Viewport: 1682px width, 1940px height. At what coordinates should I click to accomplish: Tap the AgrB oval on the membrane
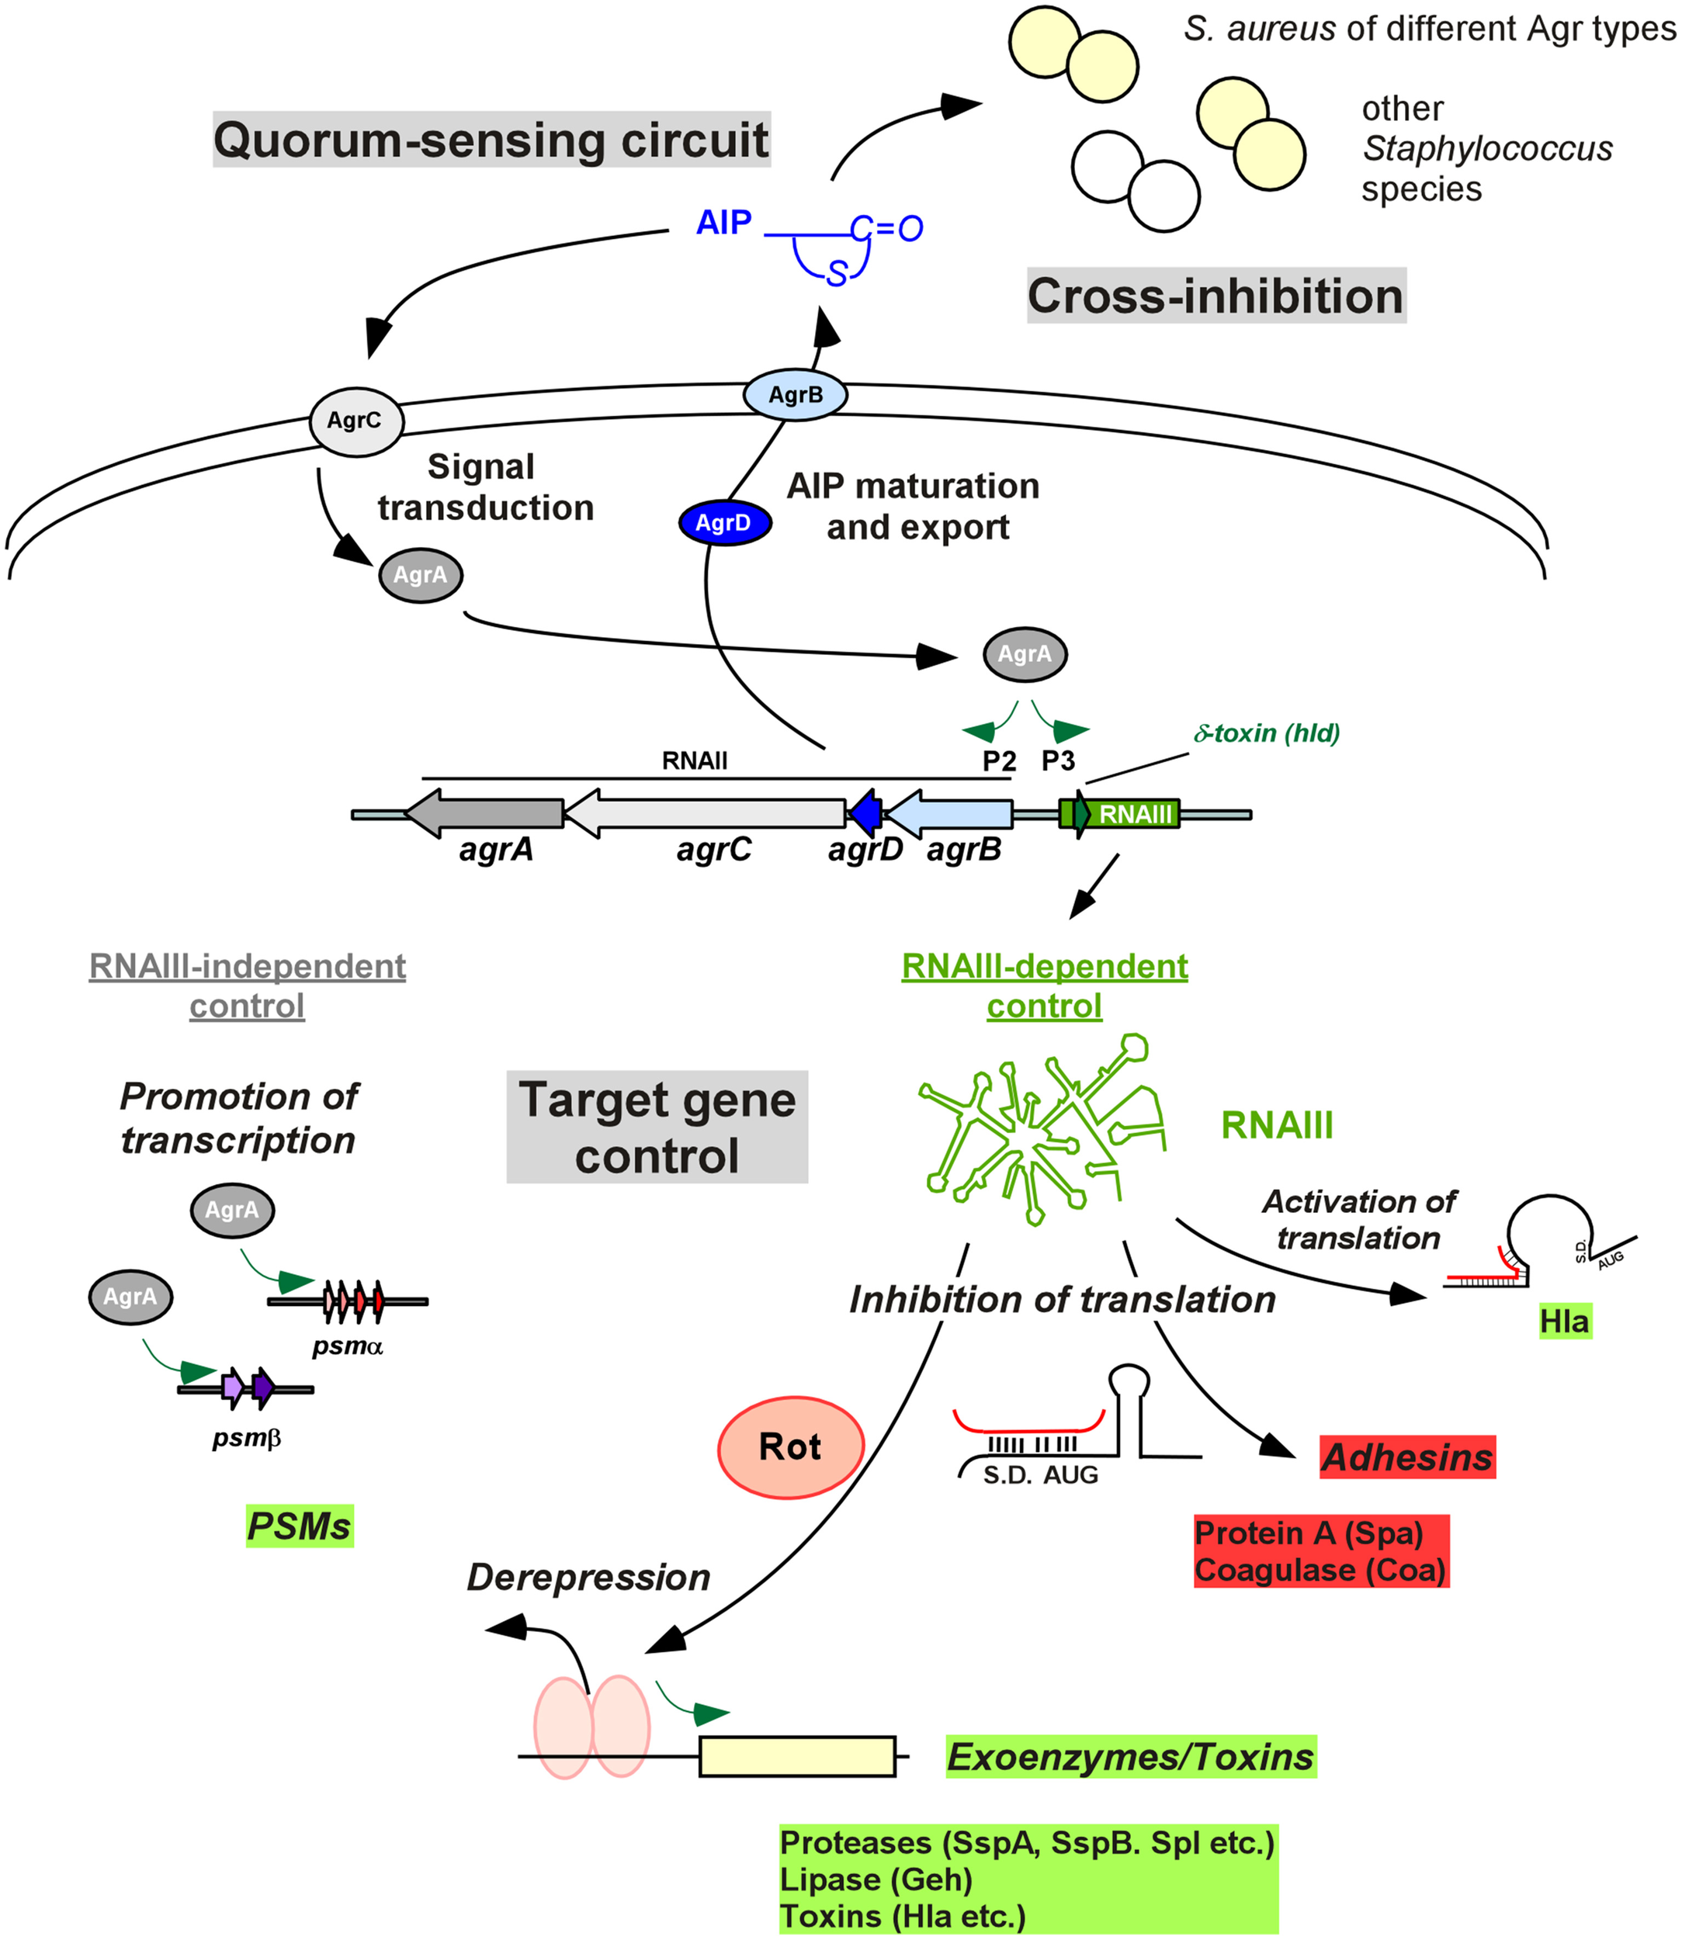pyautogui.click(x=795, y=394)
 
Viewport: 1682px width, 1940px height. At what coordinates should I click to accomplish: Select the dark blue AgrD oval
pyautogui.click(x=725, y=523)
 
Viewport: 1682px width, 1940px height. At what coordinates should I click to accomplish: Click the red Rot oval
pyautogui.click(x=790, y=1446)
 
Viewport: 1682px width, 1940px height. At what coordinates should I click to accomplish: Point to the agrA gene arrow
pyautogui.click(x=488, y=812)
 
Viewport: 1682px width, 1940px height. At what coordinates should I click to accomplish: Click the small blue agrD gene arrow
pyautogui.click(x=865, y=812)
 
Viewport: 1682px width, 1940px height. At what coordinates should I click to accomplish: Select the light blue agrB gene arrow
pyautogui.click(x=952, y=812)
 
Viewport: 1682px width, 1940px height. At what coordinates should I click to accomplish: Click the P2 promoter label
pyautogui.click(x=999, y=761)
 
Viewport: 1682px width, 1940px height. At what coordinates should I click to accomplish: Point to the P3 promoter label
pyautogui.click(x=1058, y=761)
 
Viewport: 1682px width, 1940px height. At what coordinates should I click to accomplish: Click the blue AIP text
pyautogui.click(x=723, y=223)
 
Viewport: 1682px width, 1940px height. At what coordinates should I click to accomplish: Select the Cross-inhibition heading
pyautogui.click(x=1216, y=296)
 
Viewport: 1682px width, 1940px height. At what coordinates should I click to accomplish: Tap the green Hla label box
pyautogui.click(x=1564, y=1322)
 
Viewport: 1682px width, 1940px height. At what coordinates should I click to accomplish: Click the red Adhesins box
pyautogui.click(x=1406, y=1457)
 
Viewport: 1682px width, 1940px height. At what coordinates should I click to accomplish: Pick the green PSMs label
pyautogui.click(x=300, y=1525)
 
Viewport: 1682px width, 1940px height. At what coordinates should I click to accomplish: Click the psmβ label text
pyautogui.click(x=247, y=1437)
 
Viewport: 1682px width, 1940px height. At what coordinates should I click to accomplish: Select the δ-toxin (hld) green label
pyautogui.click(x=1266, y=733)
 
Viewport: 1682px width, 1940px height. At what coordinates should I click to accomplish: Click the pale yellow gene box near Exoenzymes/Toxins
pyautogui.click(x=797, y=1756)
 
